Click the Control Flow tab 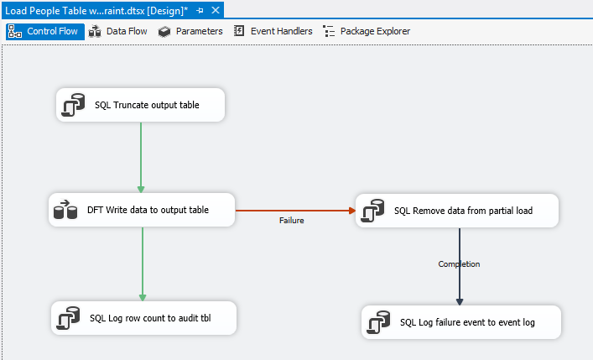click(45, 31)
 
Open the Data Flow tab click(117, 31)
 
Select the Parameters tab click(190, 31)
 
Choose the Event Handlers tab click(273, 31)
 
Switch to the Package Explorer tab click(367, 31)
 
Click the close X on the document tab click(216, 10)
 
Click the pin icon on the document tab click(200, 11)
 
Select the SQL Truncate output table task click(140, 105)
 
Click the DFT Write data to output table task click(142, 210)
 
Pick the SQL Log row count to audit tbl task click(143, 318)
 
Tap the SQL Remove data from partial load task click(457, 211)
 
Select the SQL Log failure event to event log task click(461, 322)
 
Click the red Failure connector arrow click(295, 211)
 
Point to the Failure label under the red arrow click(292, 221)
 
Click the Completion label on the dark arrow click(459, 263)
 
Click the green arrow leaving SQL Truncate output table click(141, 158)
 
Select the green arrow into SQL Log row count click(143, 264)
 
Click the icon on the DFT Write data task click(65, 210)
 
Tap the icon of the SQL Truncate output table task click(73, 105)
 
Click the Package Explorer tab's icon click(329, 31)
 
